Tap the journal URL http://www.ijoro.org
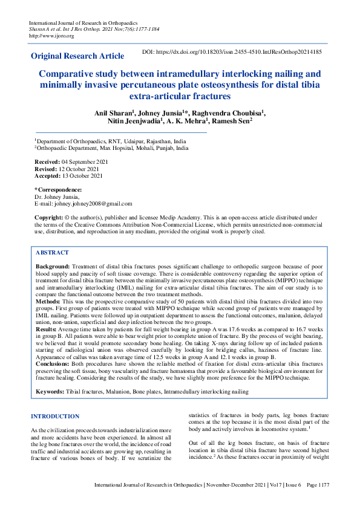[43, 36]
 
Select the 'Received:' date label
[47, 162]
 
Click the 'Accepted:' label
[48, 176]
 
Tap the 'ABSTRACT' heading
[52, 253]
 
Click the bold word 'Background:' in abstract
[53, 266]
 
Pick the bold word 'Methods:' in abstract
[48, 300]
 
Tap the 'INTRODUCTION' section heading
[55, 416]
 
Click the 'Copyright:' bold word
[48, 216]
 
